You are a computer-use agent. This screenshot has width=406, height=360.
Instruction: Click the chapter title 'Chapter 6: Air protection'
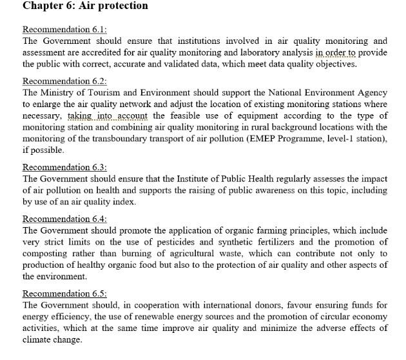(x=85, y=6)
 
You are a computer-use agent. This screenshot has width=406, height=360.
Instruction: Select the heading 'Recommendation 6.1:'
(x=64, y=30)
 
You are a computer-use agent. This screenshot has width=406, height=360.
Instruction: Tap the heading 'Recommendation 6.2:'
(x=64, y=81)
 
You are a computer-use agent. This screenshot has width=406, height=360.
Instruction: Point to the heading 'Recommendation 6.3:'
(x=64, y=168)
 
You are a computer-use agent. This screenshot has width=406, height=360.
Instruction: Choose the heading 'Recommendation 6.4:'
(x=64, y=219)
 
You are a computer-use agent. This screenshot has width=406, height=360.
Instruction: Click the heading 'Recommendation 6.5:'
(x=64, y=294)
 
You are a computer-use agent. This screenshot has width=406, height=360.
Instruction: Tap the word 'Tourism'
(x=111, y=93)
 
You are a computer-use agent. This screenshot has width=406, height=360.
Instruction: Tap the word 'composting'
(x=46, y=254)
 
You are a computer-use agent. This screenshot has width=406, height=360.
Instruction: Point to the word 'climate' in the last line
(x=38, y=339)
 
